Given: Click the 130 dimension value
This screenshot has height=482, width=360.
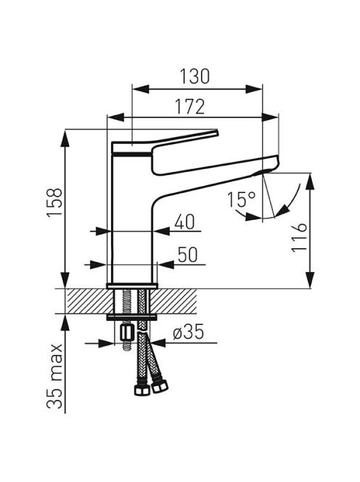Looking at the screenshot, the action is pos(195,76).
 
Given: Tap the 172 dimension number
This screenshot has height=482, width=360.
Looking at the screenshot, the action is pos(189,107).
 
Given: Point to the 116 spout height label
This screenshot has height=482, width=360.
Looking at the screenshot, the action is pos(299,237).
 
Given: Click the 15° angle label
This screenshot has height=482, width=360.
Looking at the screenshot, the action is pos(242,199).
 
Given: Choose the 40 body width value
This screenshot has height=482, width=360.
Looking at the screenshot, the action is pos(184,221).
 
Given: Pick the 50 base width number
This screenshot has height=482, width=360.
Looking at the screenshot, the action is pos(187,255).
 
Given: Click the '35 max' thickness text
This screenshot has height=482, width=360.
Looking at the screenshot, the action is pos(54,376).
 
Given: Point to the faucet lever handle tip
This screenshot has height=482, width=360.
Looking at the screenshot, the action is pos(216,133).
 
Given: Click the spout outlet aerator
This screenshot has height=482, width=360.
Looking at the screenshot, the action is pos(262,173).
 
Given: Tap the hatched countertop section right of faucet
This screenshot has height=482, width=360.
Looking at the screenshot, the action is pos(173,301).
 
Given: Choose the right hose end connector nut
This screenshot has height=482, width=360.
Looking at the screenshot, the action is pos(160,385).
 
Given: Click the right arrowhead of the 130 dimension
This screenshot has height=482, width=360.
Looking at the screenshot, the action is pos(254,89).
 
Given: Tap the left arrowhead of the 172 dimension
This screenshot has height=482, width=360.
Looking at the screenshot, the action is pos(115,117).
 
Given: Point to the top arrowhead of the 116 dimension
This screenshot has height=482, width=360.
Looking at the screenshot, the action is pos(310,181).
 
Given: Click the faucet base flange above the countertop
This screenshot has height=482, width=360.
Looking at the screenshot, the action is pos(132,286).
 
